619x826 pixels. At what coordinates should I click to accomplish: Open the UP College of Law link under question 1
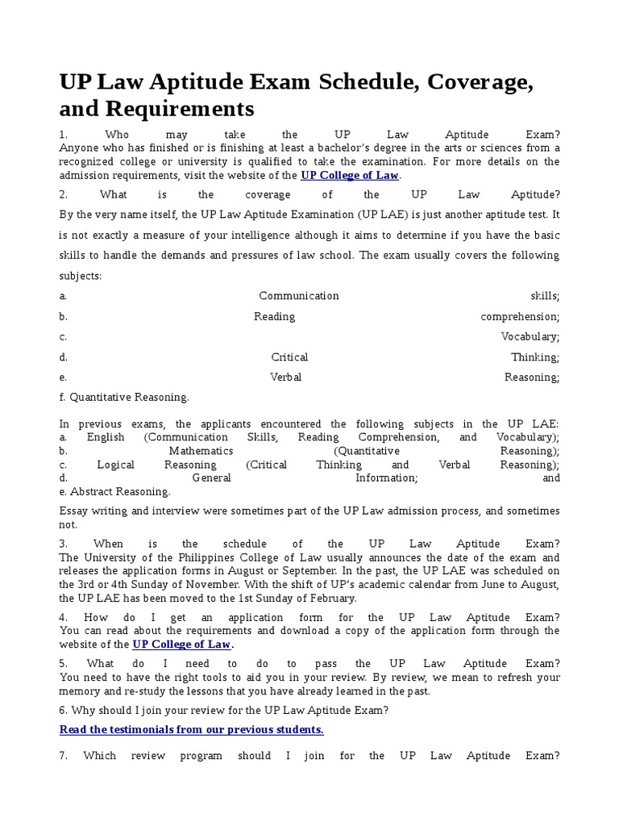350,175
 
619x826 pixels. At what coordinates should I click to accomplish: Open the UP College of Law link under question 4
181,644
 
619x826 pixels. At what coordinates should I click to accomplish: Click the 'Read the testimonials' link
192,729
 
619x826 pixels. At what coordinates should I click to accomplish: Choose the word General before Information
212,478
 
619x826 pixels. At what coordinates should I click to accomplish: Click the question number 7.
64,756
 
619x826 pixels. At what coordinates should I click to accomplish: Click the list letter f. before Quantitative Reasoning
62,397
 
